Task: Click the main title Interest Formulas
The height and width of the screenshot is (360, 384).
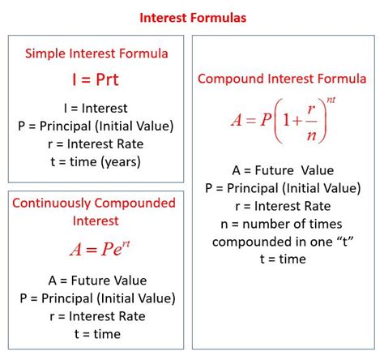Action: coord(192,16)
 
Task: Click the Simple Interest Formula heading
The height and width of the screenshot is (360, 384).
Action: coord(96,54)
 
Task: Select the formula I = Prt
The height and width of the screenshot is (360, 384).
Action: coord(96,80)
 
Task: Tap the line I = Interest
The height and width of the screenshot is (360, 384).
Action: coord(96,108)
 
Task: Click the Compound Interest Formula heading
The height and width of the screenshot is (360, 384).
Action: coord(282,79)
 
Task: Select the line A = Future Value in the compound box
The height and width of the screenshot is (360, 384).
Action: coord(282,171)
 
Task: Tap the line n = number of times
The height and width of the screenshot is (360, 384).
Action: coord(282,224)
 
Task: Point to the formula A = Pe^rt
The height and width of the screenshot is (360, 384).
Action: coord(96,250)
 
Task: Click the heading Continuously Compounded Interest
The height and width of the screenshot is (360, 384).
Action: coord(96,211)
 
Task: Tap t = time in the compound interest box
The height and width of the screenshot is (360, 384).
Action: coord(282,259)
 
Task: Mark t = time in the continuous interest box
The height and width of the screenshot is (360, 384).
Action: coord(96,334)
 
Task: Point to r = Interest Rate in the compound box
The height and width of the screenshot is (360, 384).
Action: coord(282,206)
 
